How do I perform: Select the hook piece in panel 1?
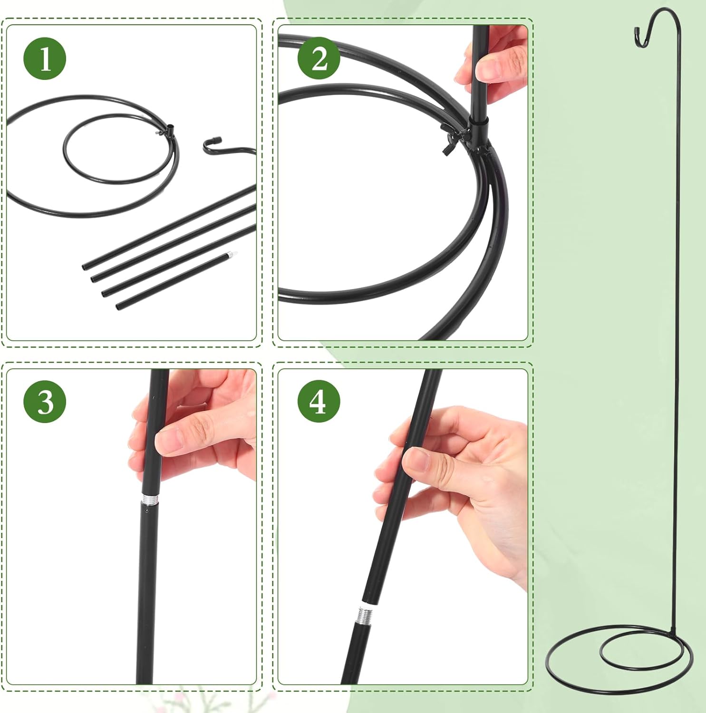pos(223,147)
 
